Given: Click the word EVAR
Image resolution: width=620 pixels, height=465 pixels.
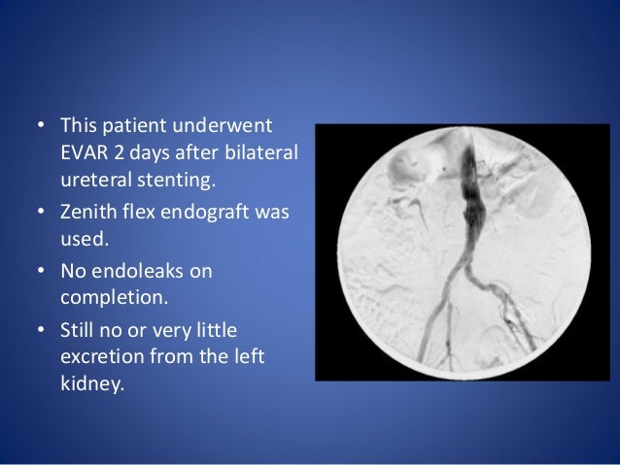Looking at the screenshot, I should (x=85, y=154).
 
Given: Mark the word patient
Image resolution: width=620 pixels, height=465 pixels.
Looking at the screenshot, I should (x=136, y=127).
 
